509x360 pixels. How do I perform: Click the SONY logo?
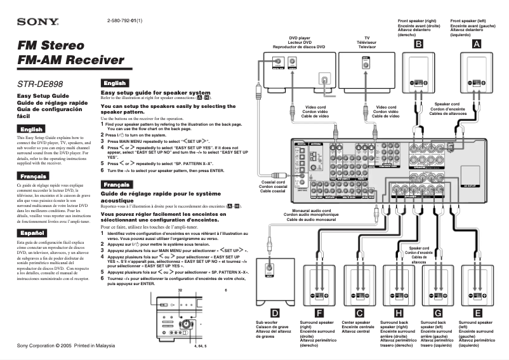(37, 22)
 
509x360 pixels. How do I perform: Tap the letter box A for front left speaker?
(477, 44)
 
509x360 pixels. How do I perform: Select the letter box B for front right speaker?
(419, 44)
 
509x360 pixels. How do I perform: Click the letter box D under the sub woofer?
(275, 312)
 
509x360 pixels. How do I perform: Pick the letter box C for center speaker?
(359, 312)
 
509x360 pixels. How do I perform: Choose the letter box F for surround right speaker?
(319, 312)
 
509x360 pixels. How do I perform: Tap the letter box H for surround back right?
(398, 312)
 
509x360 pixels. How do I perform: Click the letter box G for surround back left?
(438, 312)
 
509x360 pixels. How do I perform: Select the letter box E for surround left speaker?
(477, 312)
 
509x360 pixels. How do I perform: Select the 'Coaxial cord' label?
(272, 182)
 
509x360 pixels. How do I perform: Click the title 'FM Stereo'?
(51, 46)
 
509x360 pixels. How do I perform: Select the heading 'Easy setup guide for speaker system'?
(155, 93)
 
